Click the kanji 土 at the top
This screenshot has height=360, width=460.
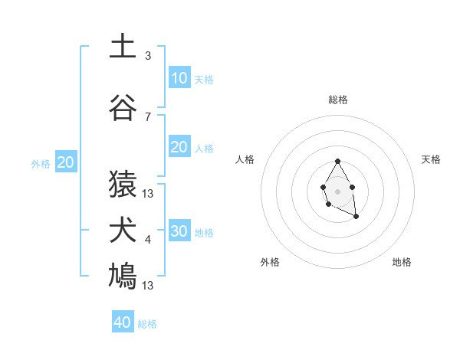[x=123, y=46]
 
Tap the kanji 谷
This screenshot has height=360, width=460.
[x=123, y=108]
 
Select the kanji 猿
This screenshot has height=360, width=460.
[x=123, y=185]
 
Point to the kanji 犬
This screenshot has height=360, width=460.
[x=123, y=231]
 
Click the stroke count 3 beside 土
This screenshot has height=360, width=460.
[x=148, y=56]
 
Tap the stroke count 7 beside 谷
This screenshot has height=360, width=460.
[x=148, y=117]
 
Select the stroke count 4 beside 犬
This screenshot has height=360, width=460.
[x=148, y=240]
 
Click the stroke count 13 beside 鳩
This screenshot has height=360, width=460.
[x=148, y=286]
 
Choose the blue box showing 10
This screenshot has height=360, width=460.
[x=179, y=78]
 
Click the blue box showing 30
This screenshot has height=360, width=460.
[x=179, y=231]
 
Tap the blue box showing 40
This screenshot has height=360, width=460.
[x=123, y=322]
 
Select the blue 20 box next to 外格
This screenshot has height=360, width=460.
[x=66, y=162]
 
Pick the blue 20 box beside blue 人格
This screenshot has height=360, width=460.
[x=179, y=148]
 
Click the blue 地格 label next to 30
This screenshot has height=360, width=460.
[x=204, y=233]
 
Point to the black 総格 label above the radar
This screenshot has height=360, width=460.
[x=337, y=100]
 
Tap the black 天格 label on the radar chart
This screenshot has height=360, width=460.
[x=432, y=159]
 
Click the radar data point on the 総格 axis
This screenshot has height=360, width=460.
[x=337, y=161]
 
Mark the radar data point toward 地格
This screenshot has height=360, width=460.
[x=356, y=218]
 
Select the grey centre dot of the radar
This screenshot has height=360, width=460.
[x=337, y=190]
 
